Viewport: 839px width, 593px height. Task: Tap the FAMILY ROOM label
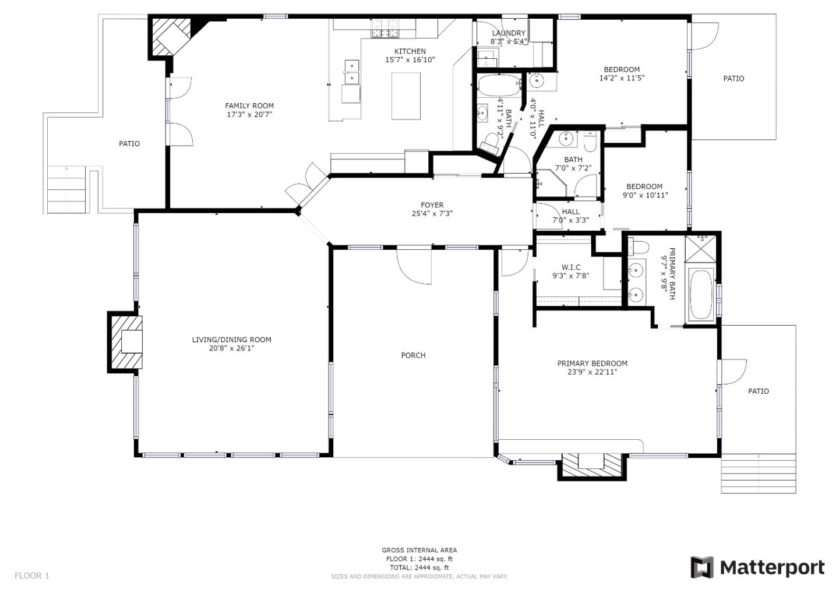pyautogui.click(x=249, y=106)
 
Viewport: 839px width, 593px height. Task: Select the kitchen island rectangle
pyautogui.click(x=406, y=96)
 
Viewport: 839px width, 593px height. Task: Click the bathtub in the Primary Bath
pyautogui.click(x=701, y=295)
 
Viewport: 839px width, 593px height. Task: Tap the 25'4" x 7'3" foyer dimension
pyautogui.click(x=432, y=214)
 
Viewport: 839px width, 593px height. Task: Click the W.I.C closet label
pyautogui.click(x=571, y=267)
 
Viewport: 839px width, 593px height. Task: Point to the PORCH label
pyautogui.click(x=413, y=355)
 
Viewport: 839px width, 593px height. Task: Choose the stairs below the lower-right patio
pyautogui.click(x=758, y=474)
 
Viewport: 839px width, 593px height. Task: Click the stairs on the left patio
pyautogui.click(x=66, y=189)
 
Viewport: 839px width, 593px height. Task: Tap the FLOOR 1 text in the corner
pyautogui.click(x=32, y=576)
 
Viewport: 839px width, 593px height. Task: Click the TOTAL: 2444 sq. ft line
pyautogui.click(x=419, y=567)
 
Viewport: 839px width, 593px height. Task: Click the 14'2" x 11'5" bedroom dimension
pyautogui.click(x=622, y=78)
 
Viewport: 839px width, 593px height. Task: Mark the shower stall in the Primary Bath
pyautogui.click(x=700, y=249)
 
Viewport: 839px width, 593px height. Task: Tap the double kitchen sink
pyautogui.click(x=351, y=72)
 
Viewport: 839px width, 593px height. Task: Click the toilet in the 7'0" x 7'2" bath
pyautogui.click(x=590, y=141)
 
